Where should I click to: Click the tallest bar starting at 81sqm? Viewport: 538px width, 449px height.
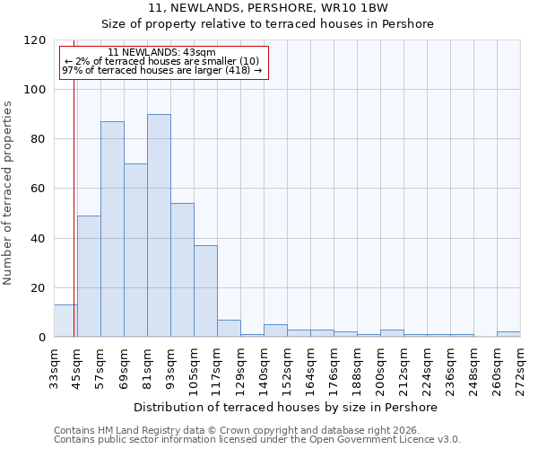(x=159, y=225)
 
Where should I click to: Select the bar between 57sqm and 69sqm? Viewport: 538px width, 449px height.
(x=112, y=229)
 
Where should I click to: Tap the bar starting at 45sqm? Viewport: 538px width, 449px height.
(x=89, y=276)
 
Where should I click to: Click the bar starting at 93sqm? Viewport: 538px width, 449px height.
(x=182, y=269)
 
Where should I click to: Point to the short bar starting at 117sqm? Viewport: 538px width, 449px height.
(x=229, y=329)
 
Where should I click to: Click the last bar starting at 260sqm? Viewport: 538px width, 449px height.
(x=508, y=334)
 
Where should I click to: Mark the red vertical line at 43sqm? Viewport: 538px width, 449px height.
(x=74, y=198)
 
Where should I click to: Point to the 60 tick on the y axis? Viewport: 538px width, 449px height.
(x=41, y=189)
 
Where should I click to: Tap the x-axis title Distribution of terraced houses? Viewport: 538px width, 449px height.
(x=286, y=407)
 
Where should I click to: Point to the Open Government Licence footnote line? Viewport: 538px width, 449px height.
(x=257, y=440)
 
